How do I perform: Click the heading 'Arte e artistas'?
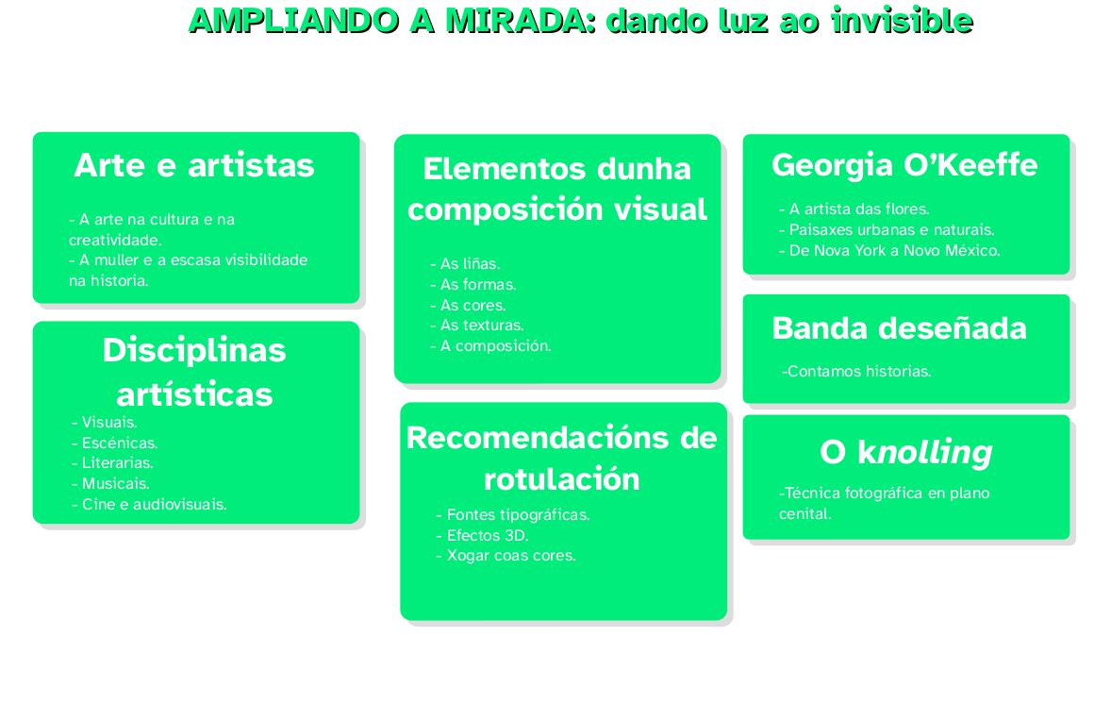tap(194, 165)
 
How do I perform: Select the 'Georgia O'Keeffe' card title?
tap(904, 165)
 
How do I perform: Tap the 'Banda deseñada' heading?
tap(899, 328)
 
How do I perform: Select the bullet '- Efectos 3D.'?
tap(482, 535)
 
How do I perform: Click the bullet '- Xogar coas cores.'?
tap(505, 556)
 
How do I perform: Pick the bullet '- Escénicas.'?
tap(114, 443)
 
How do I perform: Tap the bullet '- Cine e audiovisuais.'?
tap(149, 504)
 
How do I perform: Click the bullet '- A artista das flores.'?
tap(854, 209)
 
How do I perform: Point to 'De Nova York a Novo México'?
tap(889, 251)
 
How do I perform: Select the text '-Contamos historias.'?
tap(856, 372)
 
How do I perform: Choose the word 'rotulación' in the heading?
tap(561, 479)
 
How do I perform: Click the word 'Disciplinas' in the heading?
tap(194, 350)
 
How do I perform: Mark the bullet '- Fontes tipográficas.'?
tap(512, 515)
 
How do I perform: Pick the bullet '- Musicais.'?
tap(109, 483)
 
